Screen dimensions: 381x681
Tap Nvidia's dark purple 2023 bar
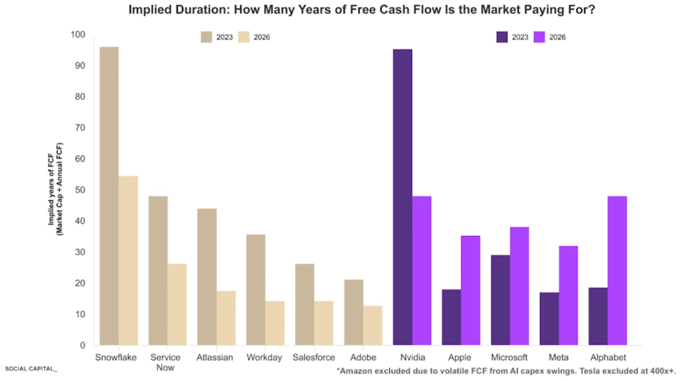click(x=402, y=197)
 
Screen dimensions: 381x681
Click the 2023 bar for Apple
click(x=451, y=317)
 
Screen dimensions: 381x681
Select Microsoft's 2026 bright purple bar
click(x=519, y=286)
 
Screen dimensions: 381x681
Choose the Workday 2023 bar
click(x=255, y=290)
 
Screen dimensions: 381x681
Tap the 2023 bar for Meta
click(x=549, y=318)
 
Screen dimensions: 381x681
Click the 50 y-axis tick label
click(x=80, y=190)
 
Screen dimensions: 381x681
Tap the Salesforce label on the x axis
click(x=314, y=357)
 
